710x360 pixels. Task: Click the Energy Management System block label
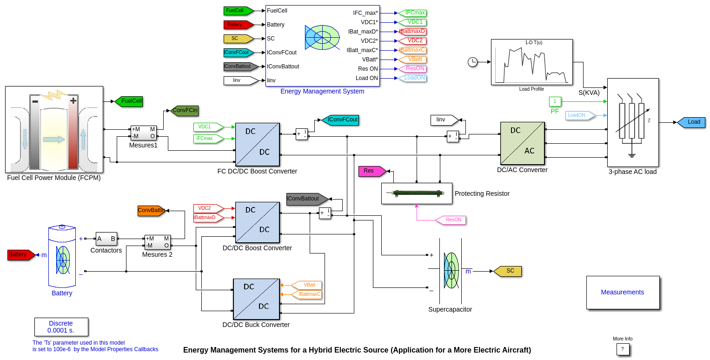(x=322, y=91)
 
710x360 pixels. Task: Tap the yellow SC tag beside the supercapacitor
(x=508, y=271)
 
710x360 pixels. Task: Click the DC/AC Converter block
(x=522, y=143)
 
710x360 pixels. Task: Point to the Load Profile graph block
(x=531, y=62)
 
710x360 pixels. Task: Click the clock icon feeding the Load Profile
(x=473, y=62)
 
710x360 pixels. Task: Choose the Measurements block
(x=623, y=292)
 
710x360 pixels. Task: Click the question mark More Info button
(x=623, y=349)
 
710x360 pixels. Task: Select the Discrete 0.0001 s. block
(x=61, y=327)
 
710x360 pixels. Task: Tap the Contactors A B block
(x=106, y=239)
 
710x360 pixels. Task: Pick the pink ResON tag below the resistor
(x=451, y=220)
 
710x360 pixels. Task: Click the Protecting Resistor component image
(x=416, y=193)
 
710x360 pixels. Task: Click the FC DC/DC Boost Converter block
(x=257, y=144)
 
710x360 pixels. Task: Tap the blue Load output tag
(x=691, y=122)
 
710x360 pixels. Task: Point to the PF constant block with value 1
(x=555, y=101)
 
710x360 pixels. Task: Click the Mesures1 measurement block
(x=144, y=133)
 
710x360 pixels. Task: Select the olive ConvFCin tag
(x=184, y=110)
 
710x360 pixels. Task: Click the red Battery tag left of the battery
(x=20, y=255)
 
